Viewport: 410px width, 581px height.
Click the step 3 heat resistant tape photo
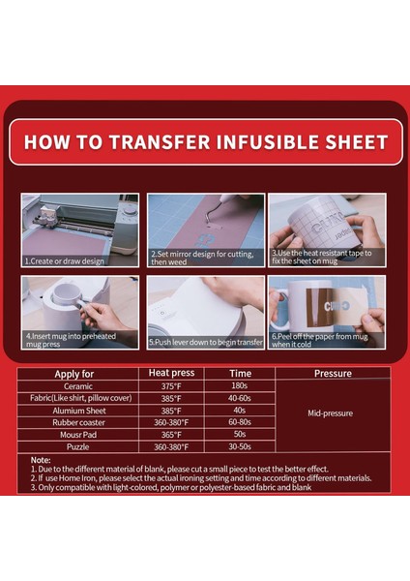(327, 229)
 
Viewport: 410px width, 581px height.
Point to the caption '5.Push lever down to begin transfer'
(205, 343)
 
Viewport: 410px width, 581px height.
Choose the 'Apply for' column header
(74, 373)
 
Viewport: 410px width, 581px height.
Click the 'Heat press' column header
(172, 373)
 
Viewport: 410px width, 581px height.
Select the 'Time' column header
(241, 373)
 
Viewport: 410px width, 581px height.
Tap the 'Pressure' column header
(333, 373)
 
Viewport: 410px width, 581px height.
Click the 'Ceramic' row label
(74, 385)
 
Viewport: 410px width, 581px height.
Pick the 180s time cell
(241, 385)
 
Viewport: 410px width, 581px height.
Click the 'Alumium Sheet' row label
(74, 410)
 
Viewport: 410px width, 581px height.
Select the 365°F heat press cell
(172, 434)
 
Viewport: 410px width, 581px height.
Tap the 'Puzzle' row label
(74, 446)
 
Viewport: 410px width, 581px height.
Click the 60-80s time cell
(241, 422)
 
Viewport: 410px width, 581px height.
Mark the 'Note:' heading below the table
(41, 460)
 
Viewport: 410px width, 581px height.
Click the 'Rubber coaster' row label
(74, 422)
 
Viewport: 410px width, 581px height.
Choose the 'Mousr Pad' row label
(74, 434)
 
